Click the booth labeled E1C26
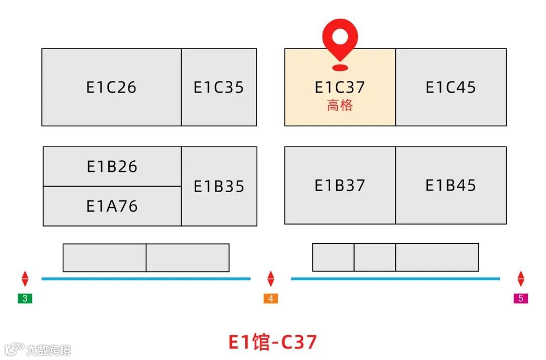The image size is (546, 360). [111, 87]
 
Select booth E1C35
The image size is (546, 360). [218, 87]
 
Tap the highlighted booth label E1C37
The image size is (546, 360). [340, 87]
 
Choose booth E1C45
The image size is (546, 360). [450, 87]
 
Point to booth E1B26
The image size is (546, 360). [112, 166]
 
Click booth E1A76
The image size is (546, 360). [112, 206]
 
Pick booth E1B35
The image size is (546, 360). [219, 186]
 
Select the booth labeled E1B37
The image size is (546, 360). [340, 186]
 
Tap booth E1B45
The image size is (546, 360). [450, 186]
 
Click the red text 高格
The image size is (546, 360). [340, 106]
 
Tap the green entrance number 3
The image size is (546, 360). [25, 298]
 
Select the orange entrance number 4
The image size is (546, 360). [270, 298]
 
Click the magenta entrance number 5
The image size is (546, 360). [521, 298]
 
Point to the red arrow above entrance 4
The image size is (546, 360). [270, 279]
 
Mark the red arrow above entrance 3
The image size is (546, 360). [25, 279]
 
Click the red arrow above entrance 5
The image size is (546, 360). [521, 279]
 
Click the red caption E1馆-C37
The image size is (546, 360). [272, 342]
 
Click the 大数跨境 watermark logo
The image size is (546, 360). [38, 349]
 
